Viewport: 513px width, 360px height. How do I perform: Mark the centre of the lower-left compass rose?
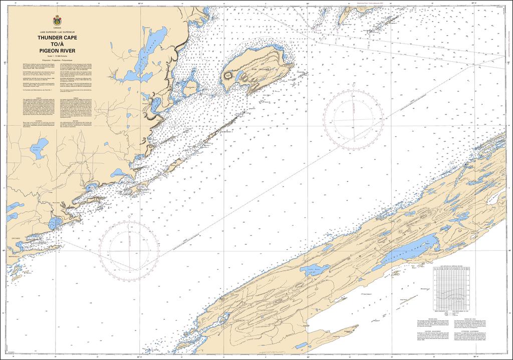[x=130, y=247]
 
